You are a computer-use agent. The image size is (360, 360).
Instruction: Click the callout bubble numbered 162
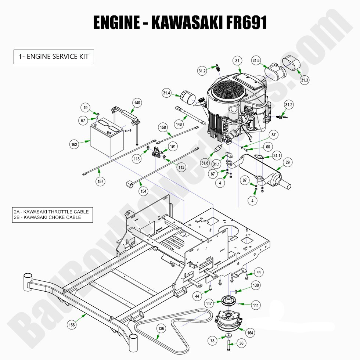tap(74, 145)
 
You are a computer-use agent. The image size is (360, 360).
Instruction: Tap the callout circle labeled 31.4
tap(166, 93)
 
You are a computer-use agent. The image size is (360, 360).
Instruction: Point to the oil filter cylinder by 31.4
tap(188, 98)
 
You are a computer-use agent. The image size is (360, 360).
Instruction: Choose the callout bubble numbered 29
tap(288, 162)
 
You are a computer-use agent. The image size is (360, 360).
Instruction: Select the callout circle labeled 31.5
tap(256, 60)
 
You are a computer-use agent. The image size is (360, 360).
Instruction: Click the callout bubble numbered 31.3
tap(305, 80)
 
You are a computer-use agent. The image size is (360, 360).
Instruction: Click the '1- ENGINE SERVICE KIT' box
tap(54, 57)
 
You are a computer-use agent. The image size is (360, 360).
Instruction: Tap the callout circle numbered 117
tap(209, 303)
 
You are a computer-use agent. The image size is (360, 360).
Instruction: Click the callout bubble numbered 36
tap(241, 343)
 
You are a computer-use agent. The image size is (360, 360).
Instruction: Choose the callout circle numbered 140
tap(137, 103)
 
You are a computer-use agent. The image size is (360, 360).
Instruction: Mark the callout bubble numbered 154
tap(144, 191)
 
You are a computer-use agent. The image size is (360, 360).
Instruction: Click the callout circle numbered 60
tap(268, 147)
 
